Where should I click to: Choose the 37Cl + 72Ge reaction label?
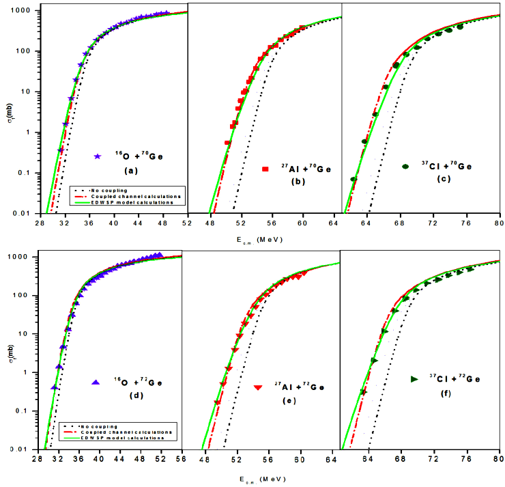pyautogui.click(x=456, y=378)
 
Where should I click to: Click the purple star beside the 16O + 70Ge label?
pyautogui.click(x=98, y=156)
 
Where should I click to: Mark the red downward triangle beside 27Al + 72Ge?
pyautogui.click(x=258, y=387)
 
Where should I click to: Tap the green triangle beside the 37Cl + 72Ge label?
pyautogui.click(x=414, y=378)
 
